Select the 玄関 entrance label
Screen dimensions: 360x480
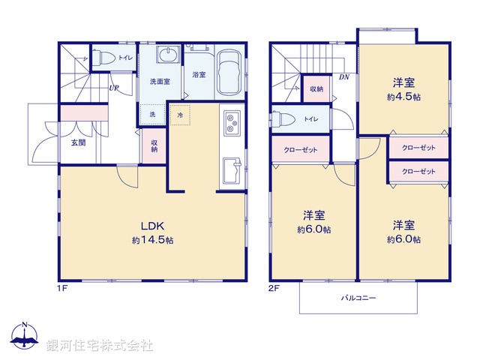pyautogui.click(x=78, y=142)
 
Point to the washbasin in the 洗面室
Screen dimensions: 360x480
pyautogui.click(x=168, y=56)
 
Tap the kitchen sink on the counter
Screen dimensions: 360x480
pyautogui.click(x=231, y=122)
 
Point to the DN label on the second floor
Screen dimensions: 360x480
pyautogui.click(x=344, y=76)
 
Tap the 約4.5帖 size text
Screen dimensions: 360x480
pyautogui.click(x=403, y=98)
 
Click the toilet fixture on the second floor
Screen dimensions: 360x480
pyautogui.click(x=283, y=118)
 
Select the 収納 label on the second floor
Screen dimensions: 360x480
pyautogui.click(x=316, y=89)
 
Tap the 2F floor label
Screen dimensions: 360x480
pyautogui.click(x=274, y=288)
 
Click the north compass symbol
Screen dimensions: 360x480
pyautogui.click(x=25, y=337)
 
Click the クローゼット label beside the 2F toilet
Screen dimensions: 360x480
pyautogui.click(x=301, y=149)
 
